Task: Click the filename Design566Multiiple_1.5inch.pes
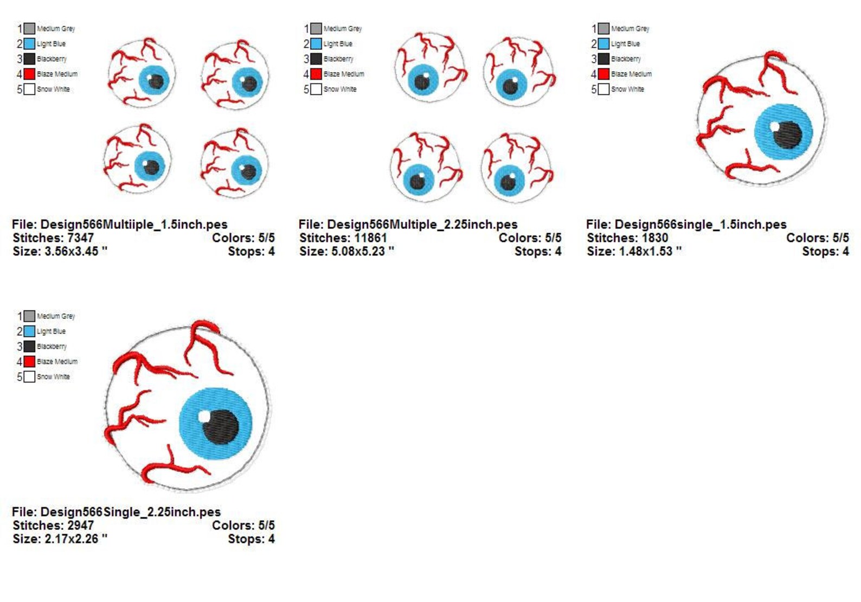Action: coord(134,225)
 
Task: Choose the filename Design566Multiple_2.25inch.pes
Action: coord(422,225)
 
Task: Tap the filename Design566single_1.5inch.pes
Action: coord(701,225)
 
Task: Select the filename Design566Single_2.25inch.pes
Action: coord(130,512)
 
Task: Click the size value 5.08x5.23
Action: coord(358,252)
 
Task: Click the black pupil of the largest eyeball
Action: coord(221,427)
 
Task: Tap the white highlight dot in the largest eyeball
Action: coord(204,417)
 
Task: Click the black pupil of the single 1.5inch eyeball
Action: coord(788,135)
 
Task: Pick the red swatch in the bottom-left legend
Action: coord(30,361)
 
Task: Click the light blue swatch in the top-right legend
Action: coord(603,44)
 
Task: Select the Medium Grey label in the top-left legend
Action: coord(56,28)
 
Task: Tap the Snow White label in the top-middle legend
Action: coord(340,89)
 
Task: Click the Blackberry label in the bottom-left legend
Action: coord(52,347)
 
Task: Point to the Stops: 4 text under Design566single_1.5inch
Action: coord(826,252)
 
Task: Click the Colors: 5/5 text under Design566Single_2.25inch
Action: coord(243,526)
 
